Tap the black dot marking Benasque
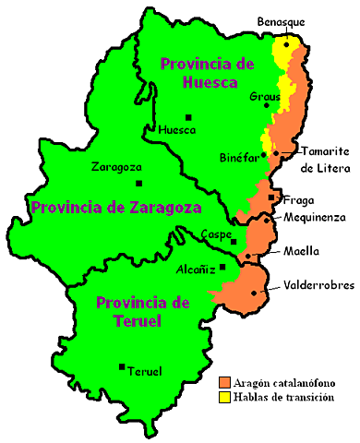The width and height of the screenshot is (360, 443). (x=287, y=42)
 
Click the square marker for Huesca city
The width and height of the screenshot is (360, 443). (x=189, y=117)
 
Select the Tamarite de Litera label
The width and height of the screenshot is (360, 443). (x=318, y=159)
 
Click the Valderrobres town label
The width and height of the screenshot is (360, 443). (x=318, y=285)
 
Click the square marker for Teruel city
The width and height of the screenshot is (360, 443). (x=122, y=366)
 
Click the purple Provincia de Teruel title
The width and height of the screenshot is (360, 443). (x=143, y=312)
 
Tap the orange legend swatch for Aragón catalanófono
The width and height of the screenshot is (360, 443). (x=224, y=381)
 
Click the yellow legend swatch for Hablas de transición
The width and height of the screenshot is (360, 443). (x=224, y=396)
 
